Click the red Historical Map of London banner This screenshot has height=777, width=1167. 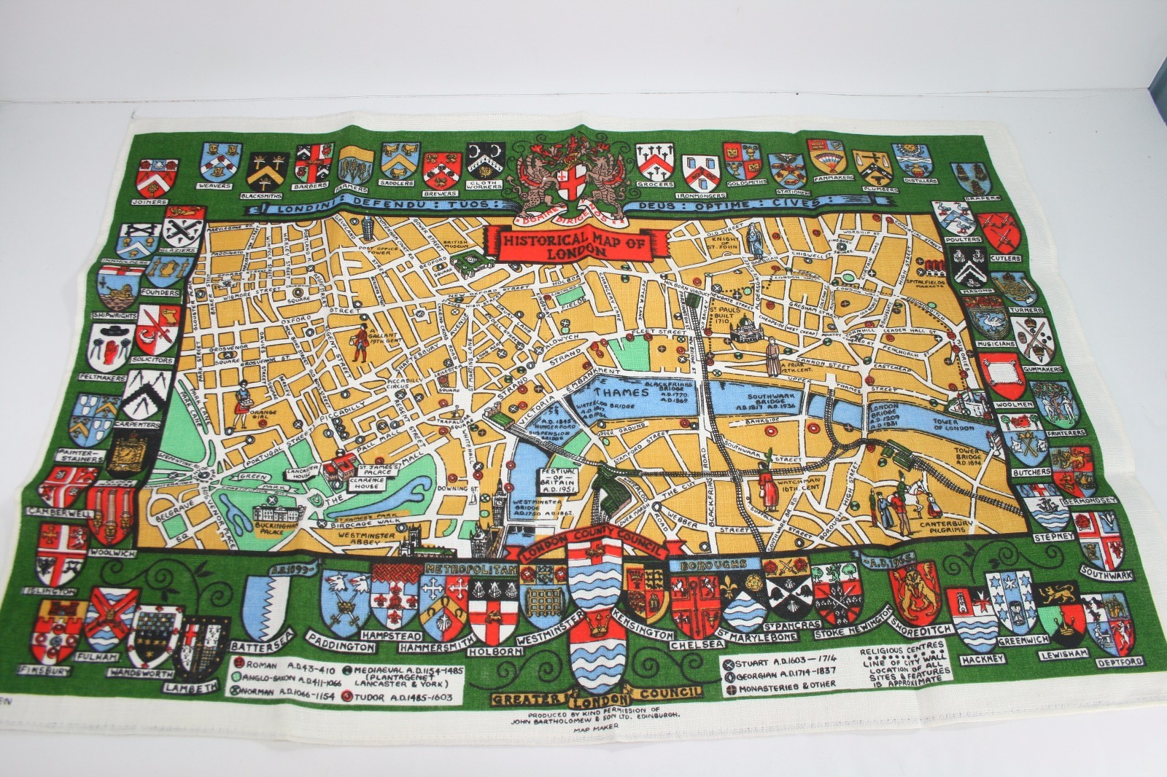click(x=576, y=243)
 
